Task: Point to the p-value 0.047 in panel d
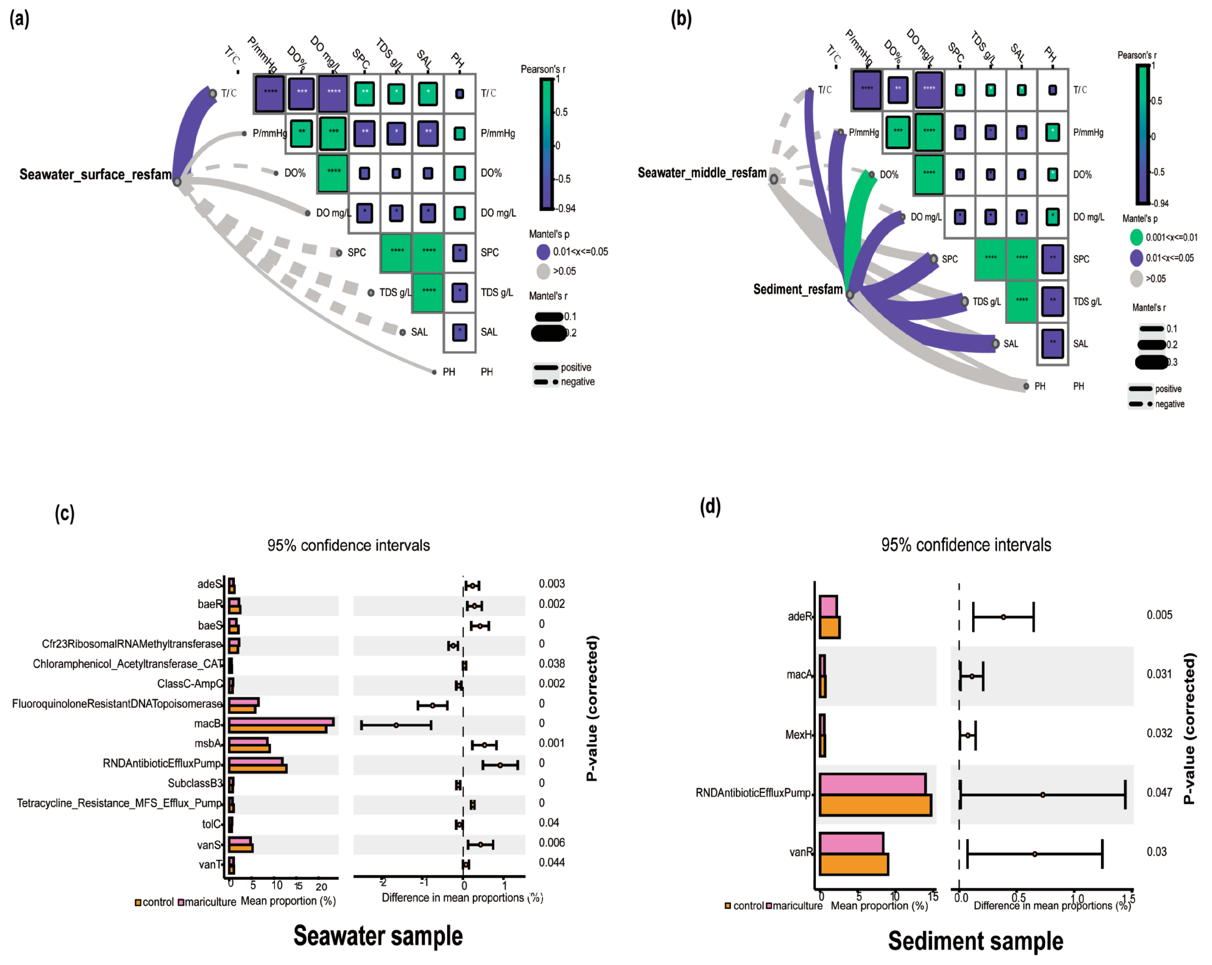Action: (x=1159, y=793)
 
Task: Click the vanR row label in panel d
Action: (x=801, y=852)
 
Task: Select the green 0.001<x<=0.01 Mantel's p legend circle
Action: (x=1136, y=237)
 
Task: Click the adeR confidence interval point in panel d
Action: (x=1003, y=617)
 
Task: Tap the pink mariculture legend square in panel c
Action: (x=181, y=902)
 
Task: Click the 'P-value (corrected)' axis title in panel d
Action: (x=1189, y=729)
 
